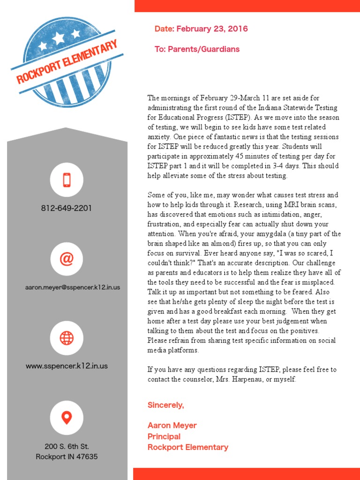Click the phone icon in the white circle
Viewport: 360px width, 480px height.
click(x=67, y=180)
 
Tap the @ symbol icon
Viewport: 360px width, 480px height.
click(x=67, y=259)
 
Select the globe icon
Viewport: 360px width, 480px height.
click(x=67, y=337)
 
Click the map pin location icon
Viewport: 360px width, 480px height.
click(x=67, y=417)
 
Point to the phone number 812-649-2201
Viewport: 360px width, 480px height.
click(x=67, y=208)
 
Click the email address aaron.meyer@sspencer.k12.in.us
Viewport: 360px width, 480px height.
click(x=73, y=287)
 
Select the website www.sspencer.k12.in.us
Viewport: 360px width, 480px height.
click(x=67, y=366)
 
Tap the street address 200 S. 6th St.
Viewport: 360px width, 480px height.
click(x=67, y=446)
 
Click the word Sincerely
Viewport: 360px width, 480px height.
click(x=165, y=405)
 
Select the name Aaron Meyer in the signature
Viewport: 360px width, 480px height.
click(x=172, y=426)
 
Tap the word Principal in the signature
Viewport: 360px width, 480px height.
click(x=164, y=436)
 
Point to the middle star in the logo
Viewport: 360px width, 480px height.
click(x=59, y=37)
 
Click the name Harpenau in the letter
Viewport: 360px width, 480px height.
click(x=257, y=379)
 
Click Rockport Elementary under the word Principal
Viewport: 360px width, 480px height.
click(x=187, y=447)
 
